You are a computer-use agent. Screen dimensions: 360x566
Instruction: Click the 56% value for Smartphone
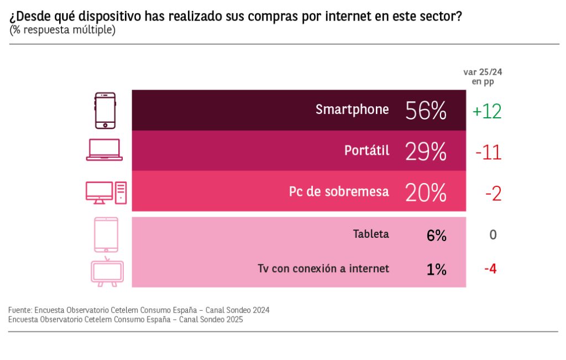[x=426, y=111]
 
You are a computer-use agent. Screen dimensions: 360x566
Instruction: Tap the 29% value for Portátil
[x=426, y=151]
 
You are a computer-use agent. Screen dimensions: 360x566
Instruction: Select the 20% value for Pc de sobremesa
[x=426, y=192]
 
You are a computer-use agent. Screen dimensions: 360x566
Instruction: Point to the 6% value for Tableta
[x=436, y=235]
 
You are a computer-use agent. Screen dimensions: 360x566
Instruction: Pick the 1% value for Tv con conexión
[x=436, y=269]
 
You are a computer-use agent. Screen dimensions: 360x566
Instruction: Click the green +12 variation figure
[x=486, y=111]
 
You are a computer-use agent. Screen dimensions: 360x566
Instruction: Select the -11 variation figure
[x=488, y=152]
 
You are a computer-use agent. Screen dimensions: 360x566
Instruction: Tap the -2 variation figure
[x=493, y=193]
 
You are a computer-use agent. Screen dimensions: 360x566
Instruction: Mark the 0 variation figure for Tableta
[x=493, y=235]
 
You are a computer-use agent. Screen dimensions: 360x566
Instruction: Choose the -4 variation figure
[x=490, y=269]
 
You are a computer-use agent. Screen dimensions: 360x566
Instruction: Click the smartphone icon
[x=105, y=110]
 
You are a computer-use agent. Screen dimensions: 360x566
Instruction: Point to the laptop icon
[x=104, y=150]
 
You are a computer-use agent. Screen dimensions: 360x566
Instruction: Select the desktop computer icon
[x=106, y=192]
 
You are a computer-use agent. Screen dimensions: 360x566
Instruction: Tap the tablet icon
[x=106, y=234]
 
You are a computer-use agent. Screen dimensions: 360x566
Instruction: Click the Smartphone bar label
[x=352, y=109]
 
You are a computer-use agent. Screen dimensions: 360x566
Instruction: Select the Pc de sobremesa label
[x=339, y=191]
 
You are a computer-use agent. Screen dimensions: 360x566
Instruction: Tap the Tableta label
[x=371, y=234]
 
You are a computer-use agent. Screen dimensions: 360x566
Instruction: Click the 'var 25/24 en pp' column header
[x=483, y=76]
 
